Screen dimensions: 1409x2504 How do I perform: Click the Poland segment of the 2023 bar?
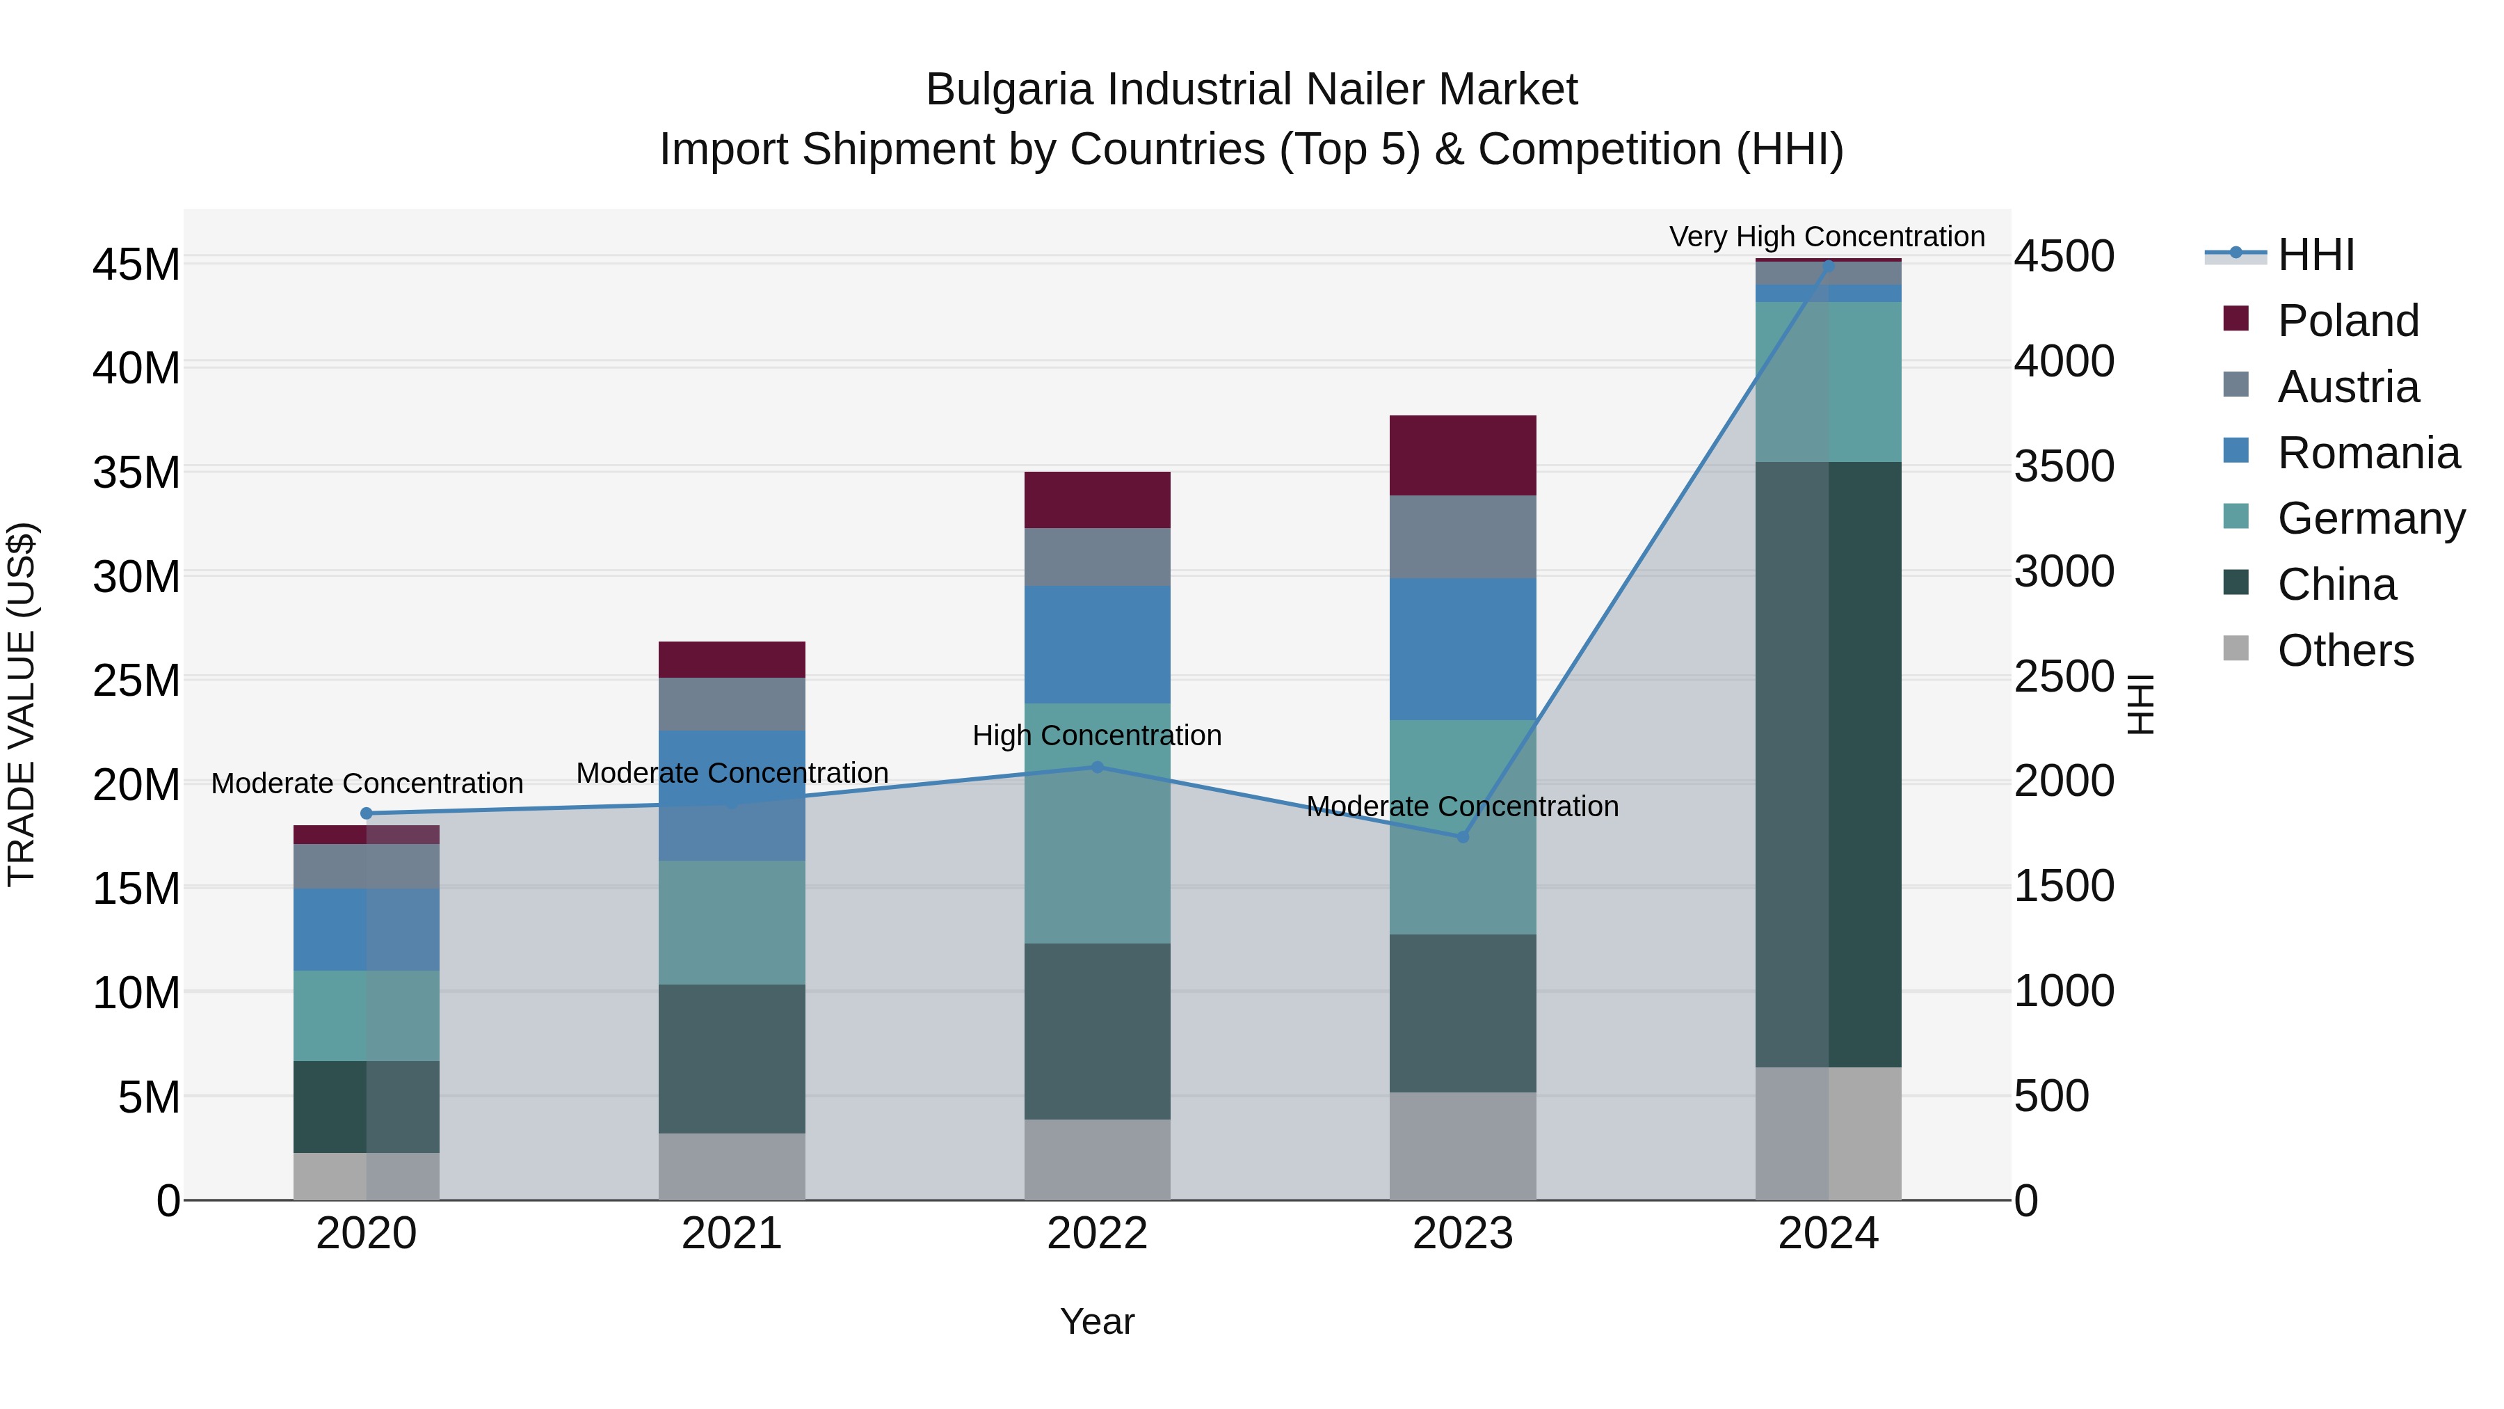[1462, 455]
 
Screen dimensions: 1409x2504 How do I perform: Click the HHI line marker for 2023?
[1462, 836]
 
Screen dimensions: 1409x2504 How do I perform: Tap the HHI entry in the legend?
[2316, 255]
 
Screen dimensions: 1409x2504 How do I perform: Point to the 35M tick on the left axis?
[136, 472]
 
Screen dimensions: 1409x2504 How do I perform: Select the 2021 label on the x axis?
[731, 1234]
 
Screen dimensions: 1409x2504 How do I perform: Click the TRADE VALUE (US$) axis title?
[22, 704]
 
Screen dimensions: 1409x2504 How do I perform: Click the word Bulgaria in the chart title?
[1009, 90]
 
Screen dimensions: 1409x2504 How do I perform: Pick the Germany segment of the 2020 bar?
[367, 1015]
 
